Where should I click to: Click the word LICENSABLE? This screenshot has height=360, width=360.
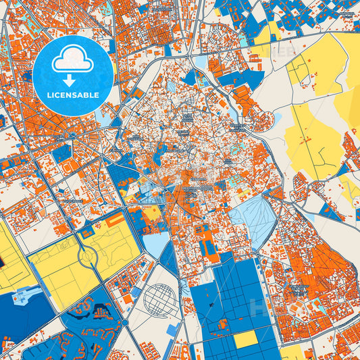pos(72,95)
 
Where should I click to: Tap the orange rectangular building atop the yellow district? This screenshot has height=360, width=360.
pos(115,219)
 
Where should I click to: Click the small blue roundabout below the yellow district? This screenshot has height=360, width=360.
pos(126,323)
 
